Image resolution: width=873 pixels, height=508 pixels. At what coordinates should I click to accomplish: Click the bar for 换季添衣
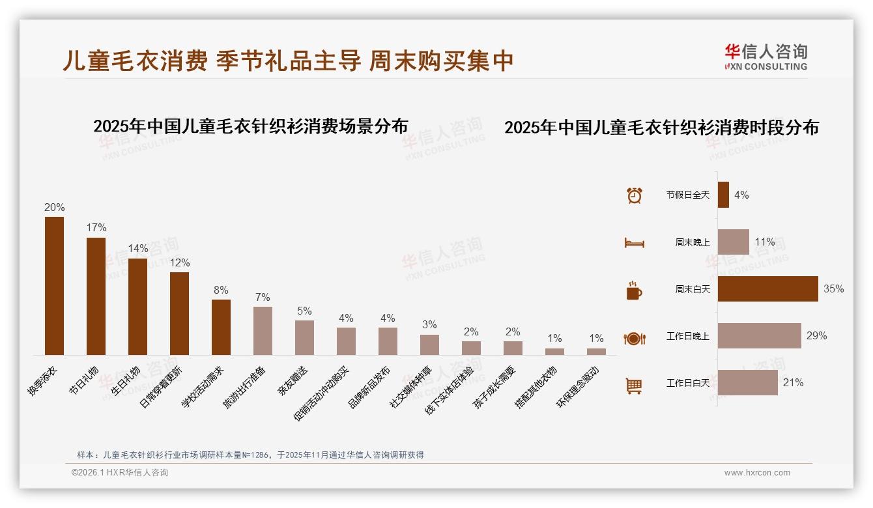(x=54, y=286)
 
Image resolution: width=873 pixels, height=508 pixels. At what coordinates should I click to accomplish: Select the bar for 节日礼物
(x=96, y=296)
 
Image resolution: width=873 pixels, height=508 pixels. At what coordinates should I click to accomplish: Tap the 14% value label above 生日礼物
(x=137, y=248)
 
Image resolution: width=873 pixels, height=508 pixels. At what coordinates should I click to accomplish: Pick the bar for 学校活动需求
(x=221, y=327)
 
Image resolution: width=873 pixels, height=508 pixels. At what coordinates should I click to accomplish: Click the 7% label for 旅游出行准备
(x=263, y=297)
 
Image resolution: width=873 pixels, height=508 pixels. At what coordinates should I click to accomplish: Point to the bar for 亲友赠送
(x=304, y=337)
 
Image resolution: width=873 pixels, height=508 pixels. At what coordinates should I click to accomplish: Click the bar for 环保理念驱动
(x=596, y=352)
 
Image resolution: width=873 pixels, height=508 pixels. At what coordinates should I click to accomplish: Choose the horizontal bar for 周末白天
(x=767, y=289)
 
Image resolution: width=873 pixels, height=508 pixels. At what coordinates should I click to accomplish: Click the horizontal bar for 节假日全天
(x=723, y=195)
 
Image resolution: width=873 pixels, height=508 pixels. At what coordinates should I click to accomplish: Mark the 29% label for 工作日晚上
(x=816, y=336)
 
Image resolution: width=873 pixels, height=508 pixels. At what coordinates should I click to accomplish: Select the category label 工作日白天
(x=687, y=383)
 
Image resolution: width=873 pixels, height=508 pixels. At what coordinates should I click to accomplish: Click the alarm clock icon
(x=634, y=195)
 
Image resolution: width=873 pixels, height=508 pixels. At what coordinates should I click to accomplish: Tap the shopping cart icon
(x=634, y=386)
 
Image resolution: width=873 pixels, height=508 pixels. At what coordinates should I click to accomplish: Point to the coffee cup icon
(x=634, y=291)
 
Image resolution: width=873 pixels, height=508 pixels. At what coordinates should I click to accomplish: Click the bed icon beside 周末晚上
(x=634, y=243)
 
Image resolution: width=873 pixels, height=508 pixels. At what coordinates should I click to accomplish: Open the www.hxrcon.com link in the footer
(x=756, y=473)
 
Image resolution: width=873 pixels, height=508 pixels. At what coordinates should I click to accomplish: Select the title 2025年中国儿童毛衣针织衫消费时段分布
(x=661, y=127)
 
